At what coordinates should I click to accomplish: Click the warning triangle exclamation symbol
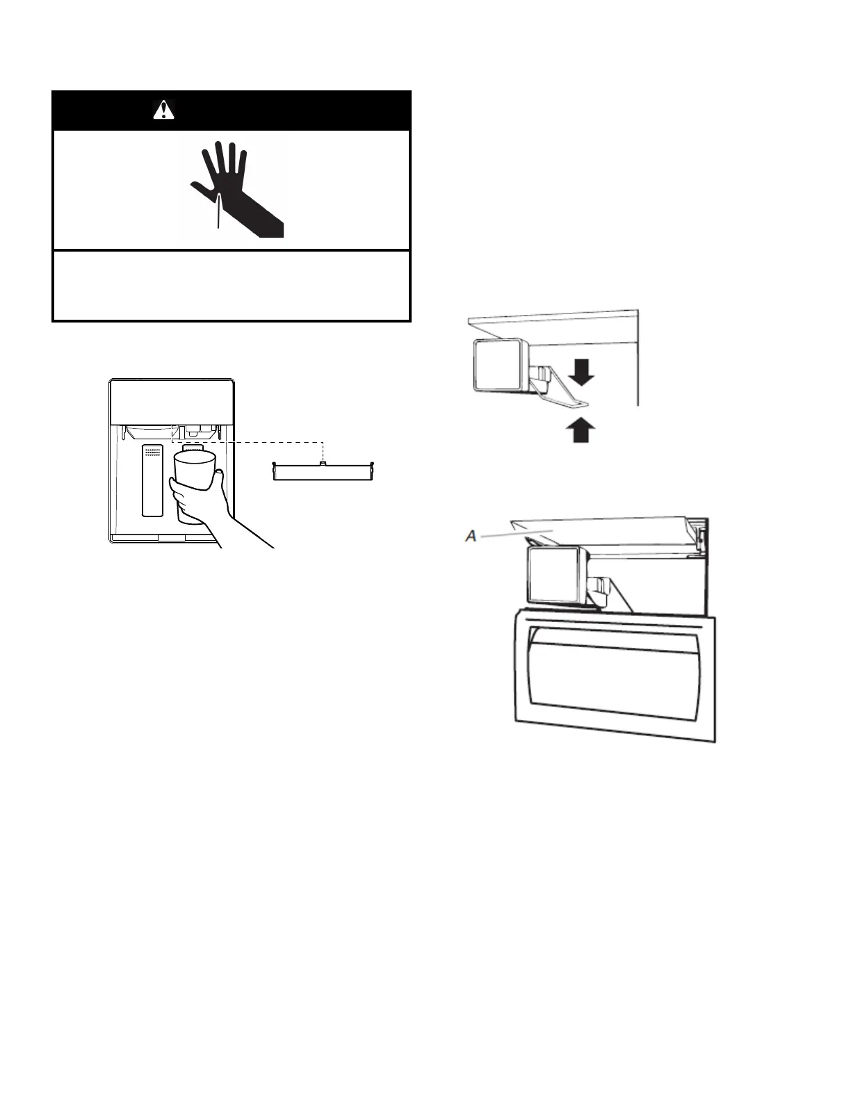(163, 110)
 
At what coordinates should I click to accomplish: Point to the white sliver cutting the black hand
(218, 211)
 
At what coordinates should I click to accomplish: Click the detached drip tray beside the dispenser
(324, 472)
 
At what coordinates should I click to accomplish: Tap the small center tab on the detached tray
(323, 463)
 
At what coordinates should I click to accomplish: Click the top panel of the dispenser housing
(172, 402)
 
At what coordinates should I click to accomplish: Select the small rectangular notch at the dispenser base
(172, 537)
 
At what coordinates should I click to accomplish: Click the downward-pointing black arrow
(582, 375)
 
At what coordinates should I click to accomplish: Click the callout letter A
(471, 536)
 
